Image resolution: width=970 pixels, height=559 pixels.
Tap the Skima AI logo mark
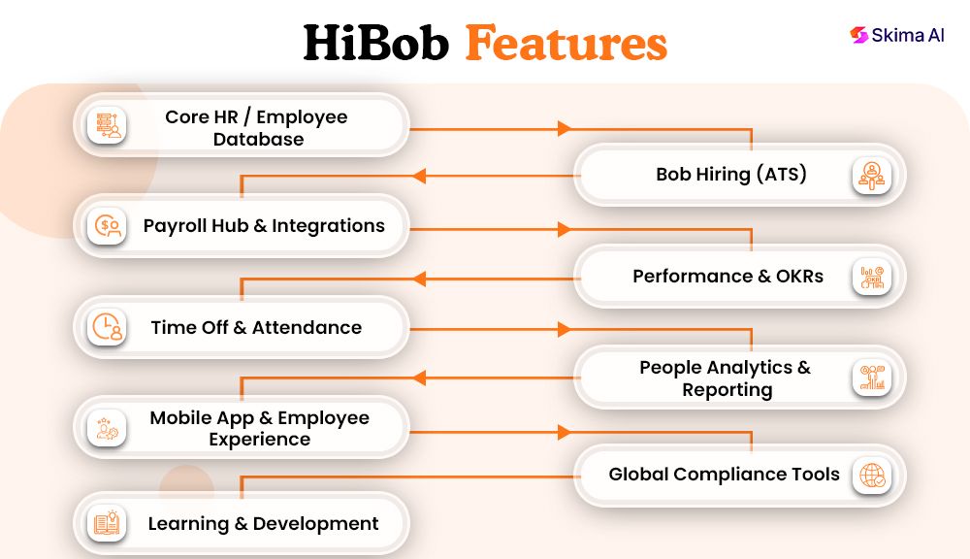(x=857, y=35)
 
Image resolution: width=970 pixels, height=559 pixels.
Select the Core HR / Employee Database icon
(x=107, y=126)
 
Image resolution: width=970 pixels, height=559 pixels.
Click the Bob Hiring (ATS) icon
(x=872, y=176)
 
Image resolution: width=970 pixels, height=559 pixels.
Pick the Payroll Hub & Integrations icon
(x=107, y=226)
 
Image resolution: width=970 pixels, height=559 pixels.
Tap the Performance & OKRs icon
(x=872, y=277)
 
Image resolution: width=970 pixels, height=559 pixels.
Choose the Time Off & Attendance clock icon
(x=107, y=327)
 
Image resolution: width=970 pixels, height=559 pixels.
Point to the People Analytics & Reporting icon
(x=872, y=378)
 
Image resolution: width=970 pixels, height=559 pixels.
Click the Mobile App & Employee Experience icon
(x=107, y=428)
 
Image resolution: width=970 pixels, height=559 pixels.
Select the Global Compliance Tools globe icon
(x=872, y=476)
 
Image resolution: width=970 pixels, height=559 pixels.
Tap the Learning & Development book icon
(x=107, y=524)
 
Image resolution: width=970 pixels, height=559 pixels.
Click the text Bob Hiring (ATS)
(x=731, y=175)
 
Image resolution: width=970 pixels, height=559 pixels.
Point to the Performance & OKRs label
(x=727, y=276)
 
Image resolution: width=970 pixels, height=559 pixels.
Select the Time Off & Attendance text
(x=256, y=327)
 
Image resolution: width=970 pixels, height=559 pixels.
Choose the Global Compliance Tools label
(x=724, y=474)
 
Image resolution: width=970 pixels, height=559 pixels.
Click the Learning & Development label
(x=263, y=524)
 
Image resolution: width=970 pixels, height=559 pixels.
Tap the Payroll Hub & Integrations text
(x=264, y=225)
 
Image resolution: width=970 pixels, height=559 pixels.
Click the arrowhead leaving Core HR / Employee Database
(x=563, y=128)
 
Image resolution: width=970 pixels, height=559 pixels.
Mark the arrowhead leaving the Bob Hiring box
(x=419, y=176)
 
